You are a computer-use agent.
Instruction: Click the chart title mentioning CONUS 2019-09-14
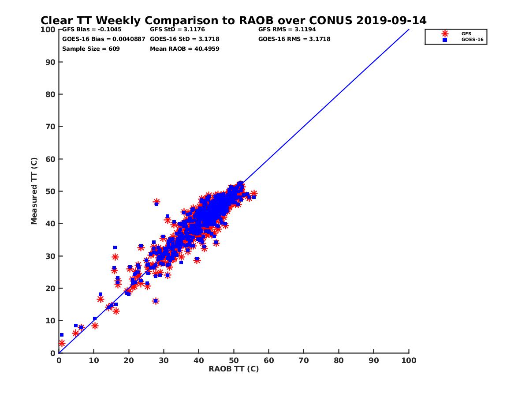tap(233, 21)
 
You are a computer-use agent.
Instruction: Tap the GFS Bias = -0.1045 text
tap(92, 30)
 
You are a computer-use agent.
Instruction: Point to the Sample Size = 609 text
tap(91, 49)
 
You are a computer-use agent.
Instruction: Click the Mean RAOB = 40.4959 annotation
tap(184, 49)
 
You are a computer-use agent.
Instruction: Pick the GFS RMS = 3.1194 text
tap(287, 30)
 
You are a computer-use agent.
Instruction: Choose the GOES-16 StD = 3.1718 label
tap(184, 39)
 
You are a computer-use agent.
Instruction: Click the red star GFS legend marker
tap(445, 34)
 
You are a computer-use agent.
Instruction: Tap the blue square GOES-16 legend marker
tap(445, 40)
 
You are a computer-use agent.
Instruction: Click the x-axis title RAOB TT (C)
tap(234, 369)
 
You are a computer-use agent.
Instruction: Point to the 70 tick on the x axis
tap(304, 360)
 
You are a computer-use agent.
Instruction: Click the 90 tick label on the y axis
tap(51, 62)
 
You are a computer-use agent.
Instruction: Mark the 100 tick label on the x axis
tap(409, 360)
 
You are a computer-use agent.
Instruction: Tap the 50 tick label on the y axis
tap(51, 191)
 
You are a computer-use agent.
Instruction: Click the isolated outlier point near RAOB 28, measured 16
tap(156, 301)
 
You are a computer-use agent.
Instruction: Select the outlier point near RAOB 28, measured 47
tap(156, 202)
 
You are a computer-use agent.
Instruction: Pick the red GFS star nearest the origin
tap(62, 343)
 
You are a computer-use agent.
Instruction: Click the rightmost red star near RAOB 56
tap(253, 194)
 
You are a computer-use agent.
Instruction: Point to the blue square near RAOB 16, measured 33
tap(115, 247)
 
